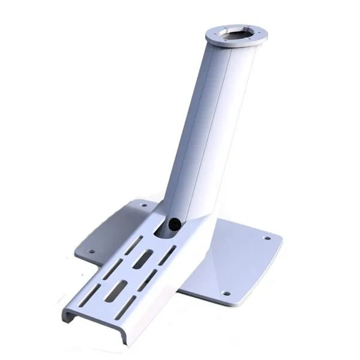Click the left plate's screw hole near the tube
click(143, 205)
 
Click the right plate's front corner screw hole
click(226, 293)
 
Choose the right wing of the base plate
click(240, 258)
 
